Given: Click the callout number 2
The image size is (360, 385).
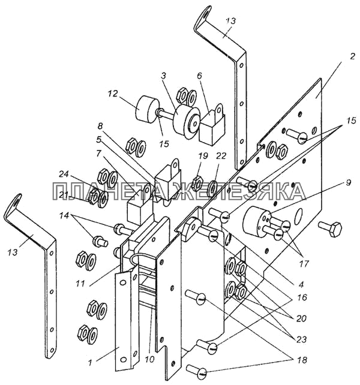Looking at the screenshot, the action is tap(352, 56).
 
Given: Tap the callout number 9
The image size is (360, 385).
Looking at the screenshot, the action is tap(348, 183).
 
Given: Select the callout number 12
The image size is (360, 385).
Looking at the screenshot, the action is tap(112, 94).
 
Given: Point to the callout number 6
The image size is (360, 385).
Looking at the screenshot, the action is tap(199, 76).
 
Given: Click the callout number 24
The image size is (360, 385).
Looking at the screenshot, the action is tap(64, 174).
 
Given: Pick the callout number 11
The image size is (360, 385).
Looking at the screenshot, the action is tap(80, 284).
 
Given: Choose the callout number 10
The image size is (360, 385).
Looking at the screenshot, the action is tap(149, 359).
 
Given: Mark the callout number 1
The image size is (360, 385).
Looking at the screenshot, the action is tap(90, 363).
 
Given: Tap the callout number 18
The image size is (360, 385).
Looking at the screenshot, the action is tap(302, 360).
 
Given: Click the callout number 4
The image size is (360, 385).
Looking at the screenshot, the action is tap(301, 284).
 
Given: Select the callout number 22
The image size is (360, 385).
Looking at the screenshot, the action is tap(221, 156).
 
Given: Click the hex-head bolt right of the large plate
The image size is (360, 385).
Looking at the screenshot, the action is tap(331, 228).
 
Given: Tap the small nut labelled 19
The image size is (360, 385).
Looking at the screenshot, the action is tap(197, 184).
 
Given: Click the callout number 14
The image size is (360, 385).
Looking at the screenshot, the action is tap(64, 216).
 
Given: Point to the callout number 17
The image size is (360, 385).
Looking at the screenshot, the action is tap(304, 264).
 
